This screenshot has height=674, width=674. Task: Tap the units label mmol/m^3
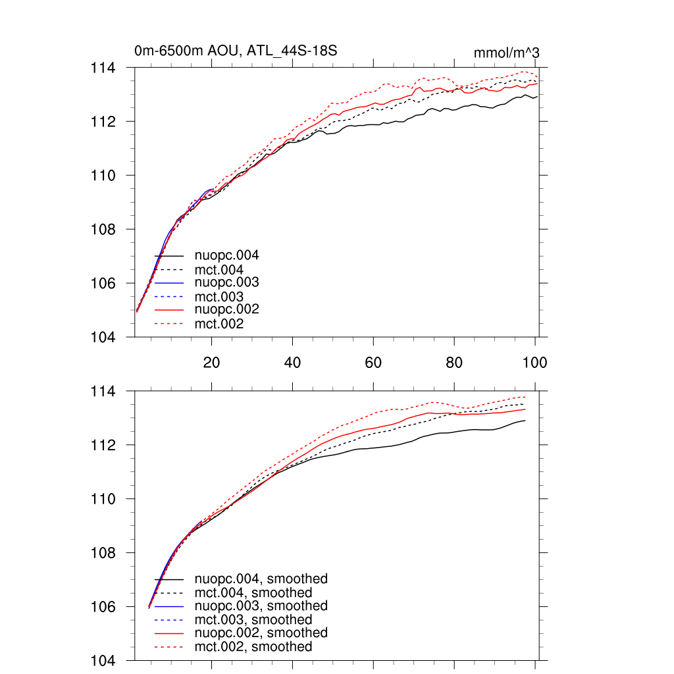(x=507, y=53)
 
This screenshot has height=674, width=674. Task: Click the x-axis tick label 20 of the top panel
(x=211, y=363)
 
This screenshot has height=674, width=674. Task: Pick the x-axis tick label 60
(x=373, y=363)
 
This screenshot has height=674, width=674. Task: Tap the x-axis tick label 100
(x=534, y=363)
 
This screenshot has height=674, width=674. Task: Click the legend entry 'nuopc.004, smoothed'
(x=261, y=579)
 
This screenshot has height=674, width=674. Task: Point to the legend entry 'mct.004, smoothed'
(x=253, y=593)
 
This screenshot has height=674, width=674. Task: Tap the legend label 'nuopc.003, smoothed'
(x=261, y=606)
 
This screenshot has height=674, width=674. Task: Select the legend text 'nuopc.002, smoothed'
(x=261, y=633)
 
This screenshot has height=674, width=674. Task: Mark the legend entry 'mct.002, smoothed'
(x=253, y=647)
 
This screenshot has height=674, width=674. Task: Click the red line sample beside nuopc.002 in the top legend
(x=168, y=309)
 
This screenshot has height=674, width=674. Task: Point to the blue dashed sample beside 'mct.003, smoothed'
(x=168, y=620)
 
